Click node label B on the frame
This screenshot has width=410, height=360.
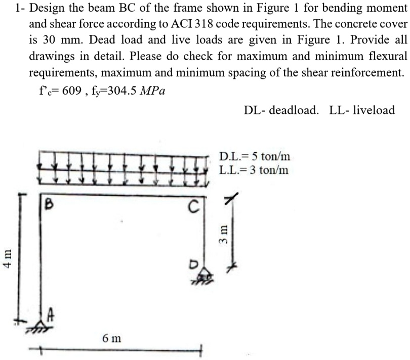49,206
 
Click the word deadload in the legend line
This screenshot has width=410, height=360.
294,110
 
